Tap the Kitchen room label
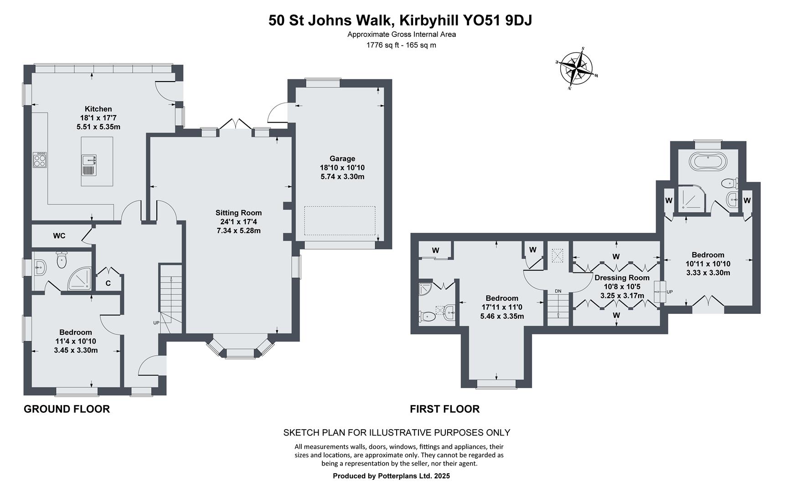point(98,109)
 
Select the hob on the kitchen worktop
point(40,160)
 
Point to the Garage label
point(342,159)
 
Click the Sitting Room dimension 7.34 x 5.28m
point(238,231)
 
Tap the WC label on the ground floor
point(59,236)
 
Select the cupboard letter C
point(108,283)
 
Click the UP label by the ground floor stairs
point(156,323)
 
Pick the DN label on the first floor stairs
point(558,291)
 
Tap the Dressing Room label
point(622,277)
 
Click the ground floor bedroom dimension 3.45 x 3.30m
point(76,350)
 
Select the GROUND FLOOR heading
point(67,409)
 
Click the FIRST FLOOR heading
point(444,409)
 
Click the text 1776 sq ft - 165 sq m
point(401,45)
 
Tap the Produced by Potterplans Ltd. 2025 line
point(391,476)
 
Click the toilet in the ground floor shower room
point(61,261)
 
